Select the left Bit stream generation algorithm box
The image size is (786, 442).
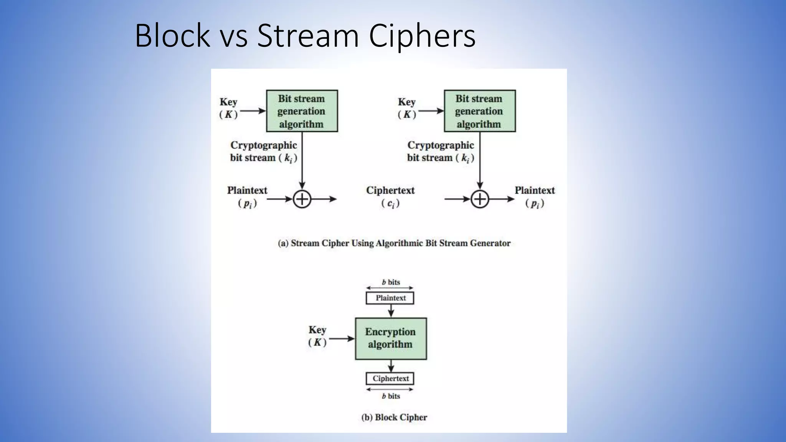(302, 111)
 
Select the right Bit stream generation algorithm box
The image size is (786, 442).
(479, 111)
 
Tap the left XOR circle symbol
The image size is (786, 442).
(302, 199)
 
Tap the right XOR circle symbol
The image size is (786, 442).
(480, 199)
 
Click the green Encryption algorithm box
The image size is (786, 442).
(391, 338)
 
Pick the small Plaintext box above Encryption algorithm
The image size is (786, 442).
(390, 298)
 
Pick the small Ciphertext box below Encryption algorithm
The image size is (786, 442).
(390, 379)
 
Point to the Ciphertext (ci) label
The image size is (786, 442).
(390, 196)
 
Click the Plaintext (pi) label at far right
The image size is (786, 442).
(535, 196)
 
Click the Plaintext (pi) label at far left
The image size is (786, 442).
(247, 196)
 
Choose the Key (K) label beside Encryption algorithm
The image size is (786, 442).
(317, 336)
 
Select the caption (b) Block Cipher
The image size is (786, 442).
(394, 417)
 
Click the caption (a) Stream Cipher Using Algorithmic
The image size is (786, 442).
(394, 243)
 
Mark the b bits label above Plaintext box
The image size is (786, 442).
(391, 282)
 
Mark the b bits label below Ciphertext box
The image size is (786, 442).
(391, 396)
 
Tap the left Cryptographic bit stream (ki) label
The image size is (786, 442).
(264, 152)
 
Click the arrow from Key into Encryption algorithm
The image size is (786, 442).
(342, 338)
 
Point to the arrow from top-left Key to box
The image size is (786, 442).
(253, 111)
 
